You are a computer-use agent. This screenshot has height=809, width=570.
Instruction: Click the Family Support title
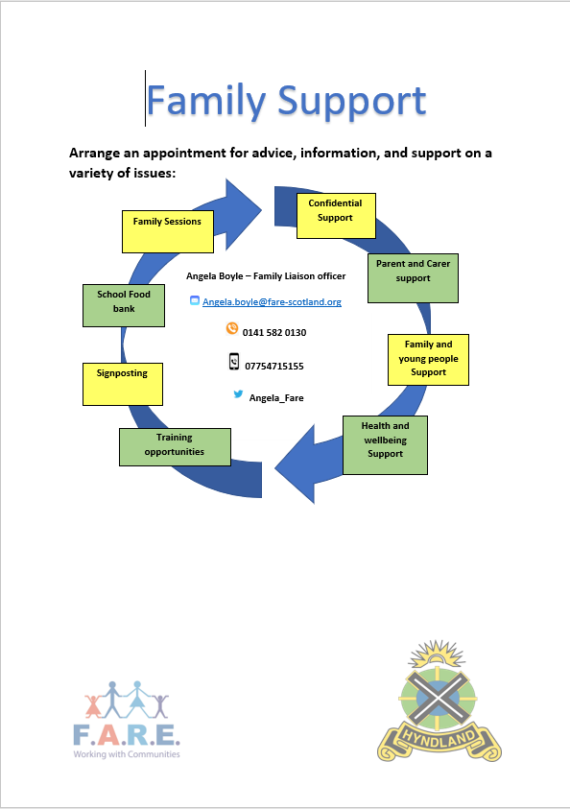(x=286, y=101)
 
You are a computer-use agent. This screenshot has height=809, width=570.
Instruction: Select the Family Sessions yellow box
(x=168, y=231)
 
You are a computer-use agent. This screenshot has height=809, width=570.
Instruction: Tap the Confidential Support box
(x=336, y=216)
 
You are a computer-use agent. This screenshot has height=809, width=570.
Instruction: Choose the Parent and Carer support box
(x=413, y=278)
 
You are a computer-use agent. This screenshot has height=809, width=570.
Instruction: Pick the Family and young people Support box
(x=428, y=360)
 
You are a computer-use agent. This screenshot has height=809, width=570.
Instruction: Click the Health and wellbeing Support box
(x=385, y=444)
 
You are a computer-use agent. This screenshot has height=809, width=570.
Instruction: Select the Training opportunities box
(x=175, y=447)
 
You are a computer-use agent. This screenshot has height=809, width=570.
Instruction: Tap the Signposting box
(x=123, y=384)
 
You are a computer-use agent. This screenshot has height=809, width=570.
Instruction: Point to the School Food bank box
(x=124, y=305)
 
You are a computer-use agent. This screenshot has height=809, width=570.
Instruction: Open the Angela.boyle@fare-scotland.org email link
(x=272, y=302)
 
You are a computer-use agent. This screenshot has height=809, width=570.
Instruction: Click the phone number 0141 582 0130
(x=274, y=333)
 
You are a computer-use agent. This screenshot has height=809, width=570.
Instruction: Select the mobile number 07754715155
(x=274, y=367)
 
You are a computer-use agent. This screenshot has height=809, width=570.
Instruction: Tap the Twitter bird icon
(x=238, y=394)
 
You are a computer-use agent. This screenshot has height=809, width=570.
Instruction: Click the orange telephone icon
(x=232, y=328)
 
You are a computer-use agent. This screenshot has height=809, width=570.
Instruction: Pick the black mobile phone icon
(x=234, y=362)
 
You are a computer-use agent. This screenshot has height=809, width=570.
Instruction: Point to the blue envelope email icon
(x=195, y=300)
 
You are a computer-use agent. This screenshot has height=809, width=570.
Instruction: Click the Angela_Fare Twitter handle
(x=276, y=398)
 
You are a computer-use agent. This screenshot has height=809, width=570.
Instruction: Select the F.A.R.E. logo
(x=127, y=720)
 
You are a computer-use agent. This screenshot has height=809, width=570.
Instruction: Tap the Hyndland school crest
(x=439, y=701)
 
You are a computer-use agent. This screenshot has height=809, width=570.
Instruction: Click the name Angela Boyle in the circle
(x=215, y=276)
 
